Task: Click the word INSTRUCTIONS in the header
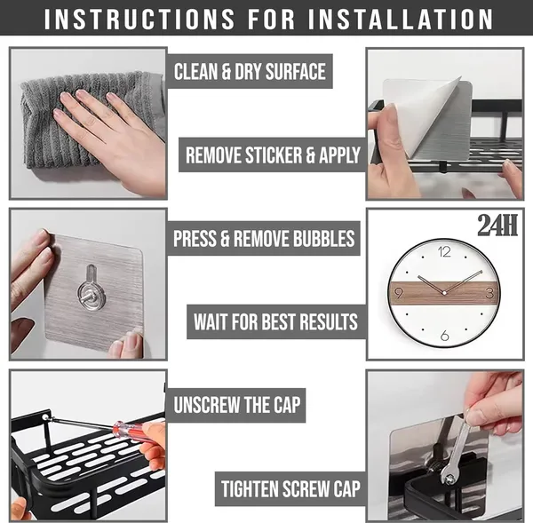(139, 19)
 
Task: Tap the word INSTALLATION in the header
(401, 19)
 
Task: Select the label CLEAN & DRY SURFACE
(250, 71)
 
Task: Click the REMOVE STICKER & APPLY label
(273, 155)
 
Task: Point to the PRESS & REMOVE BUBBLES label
(264, 238)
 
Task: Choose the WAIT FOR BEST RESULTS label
(275, 321)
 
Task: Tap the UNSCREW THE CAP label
(237, 405)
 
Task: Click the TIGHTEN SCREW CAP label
(290, 488)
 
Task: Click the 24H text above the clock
(497, 225)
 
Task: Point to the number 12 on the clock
(444, 252)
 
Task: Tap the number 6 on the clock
(445, 336)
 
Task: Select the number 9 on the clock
(398, 293)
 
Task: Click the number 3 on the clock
(489, 293)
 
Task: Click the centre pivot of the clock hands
(444, 293)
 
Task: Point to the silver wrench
(456, 448)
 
